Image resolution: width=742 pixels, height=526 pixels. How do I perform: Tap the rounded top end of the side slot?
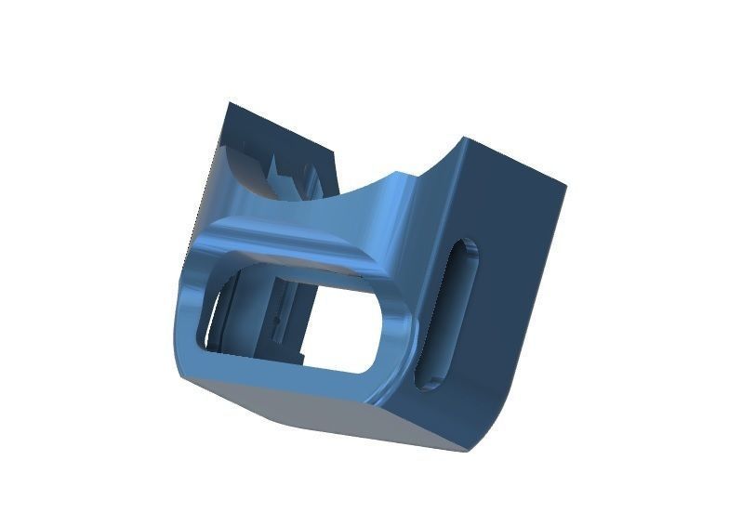click(467, 249)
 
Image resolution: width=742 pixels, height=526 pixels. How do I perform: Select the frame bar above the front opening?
click(298, 256)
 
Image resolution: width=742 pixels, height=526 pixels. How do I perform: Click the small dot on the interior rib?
click(275, 321)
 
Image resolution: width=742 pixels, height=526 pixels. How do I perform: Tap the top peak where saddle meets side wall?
click(463, 141)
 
